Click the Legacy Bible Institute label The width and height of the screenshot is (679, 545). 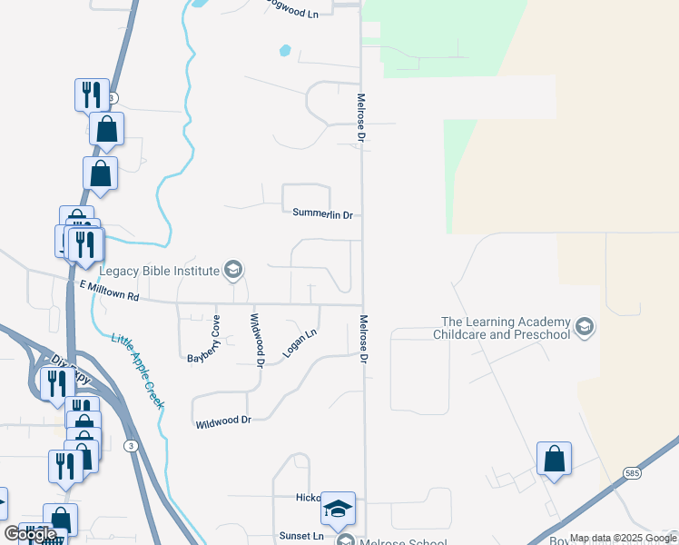coord(159,271)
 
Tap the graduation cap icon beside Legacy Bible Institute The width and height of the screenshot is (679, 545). coord(233,270)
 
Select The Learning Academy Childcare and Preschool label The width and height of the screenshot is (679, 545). coord(506,328)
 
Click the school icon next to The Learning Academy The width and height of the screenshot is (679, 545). coord(584,327)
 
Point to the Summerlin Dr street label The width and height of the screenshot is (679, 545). coord(321,213)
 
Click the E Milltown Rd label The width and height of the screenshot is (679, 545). coord(108,291)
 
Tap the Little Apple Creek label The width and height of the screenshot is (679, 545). coord(137,371)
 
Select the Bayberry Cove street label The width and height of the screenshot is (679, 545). coord(203,338)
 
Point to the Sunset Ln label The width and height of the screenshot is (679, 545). coord(304,537)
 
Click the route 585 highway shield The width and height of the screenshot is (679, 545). coord(633,473)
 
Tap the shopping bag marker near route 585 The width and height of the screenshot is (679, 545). coord(554,460)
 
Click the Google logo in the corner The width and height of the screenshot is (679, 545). coord(29,534)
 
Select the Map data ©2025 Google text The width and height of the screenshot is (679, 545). coord(623,539)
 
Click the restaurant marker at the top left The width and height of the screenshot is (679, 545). coord(92,94)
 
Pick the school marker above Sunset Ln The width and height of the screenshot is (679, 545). coord(338,510)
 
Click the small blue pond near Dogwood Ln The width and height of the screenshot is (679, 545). coord(286,50)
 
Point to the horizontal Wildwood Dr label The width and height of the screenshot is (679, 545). coord(222,421)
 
